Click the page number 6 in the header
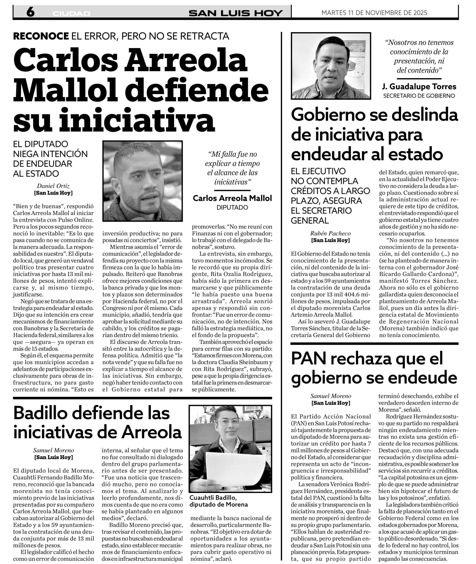30,12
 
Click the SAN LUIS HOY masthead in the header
235,13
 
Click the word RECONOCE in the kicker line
41,36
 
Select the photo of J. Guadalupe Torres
331,66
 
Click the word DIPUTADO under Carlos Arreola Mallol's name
232,207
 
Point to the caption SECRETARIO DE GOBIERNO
419,96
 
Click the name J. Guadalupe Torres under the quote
419,87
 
